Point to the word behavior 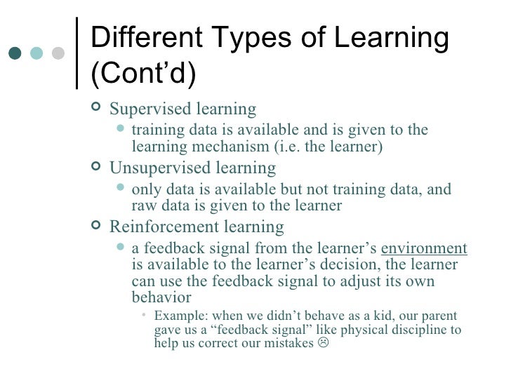coord(161,297)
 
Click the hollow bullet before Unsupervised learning coord(96,169)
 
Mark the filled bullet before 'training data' coord(122,130)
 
